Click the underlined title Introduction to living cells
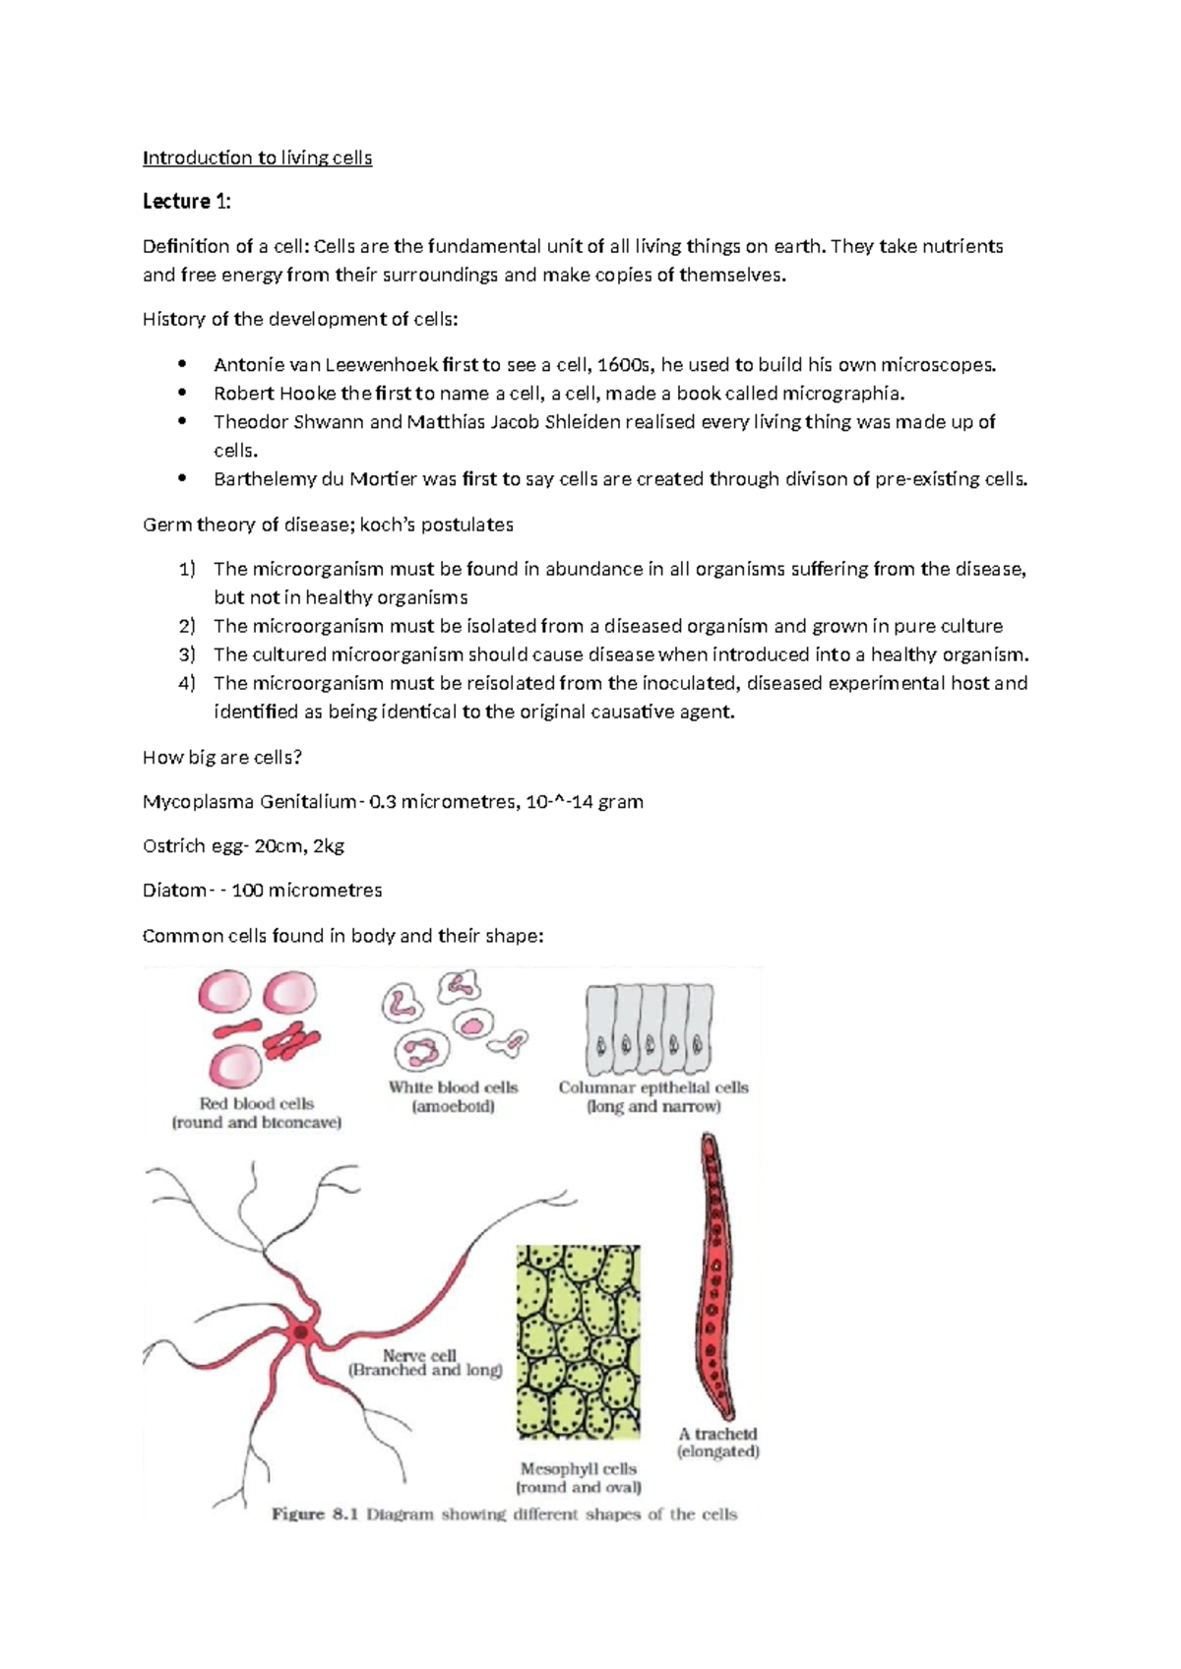click(257, 157)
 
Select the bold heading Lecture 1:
click(187, 202)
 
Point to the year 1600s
click(624, 365)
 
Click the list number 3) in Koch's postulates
click(187, 654)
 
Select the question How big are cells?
click(222, 757)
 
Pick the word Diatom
click(173, 891)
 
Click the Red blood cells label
click(256, 1104)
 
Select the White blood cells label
click(453, 1087)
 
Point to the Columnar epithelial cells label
click(653, 1087)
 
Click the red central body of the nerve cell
click(300, 1332)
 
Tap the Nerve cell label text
click(419, 1355)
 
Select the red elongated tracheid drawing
click(715, 1279)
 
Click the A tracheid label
click(717, 1434)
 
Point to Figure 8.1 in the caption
click(312, 1514)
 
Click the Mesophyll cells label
click(579, 1468)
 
